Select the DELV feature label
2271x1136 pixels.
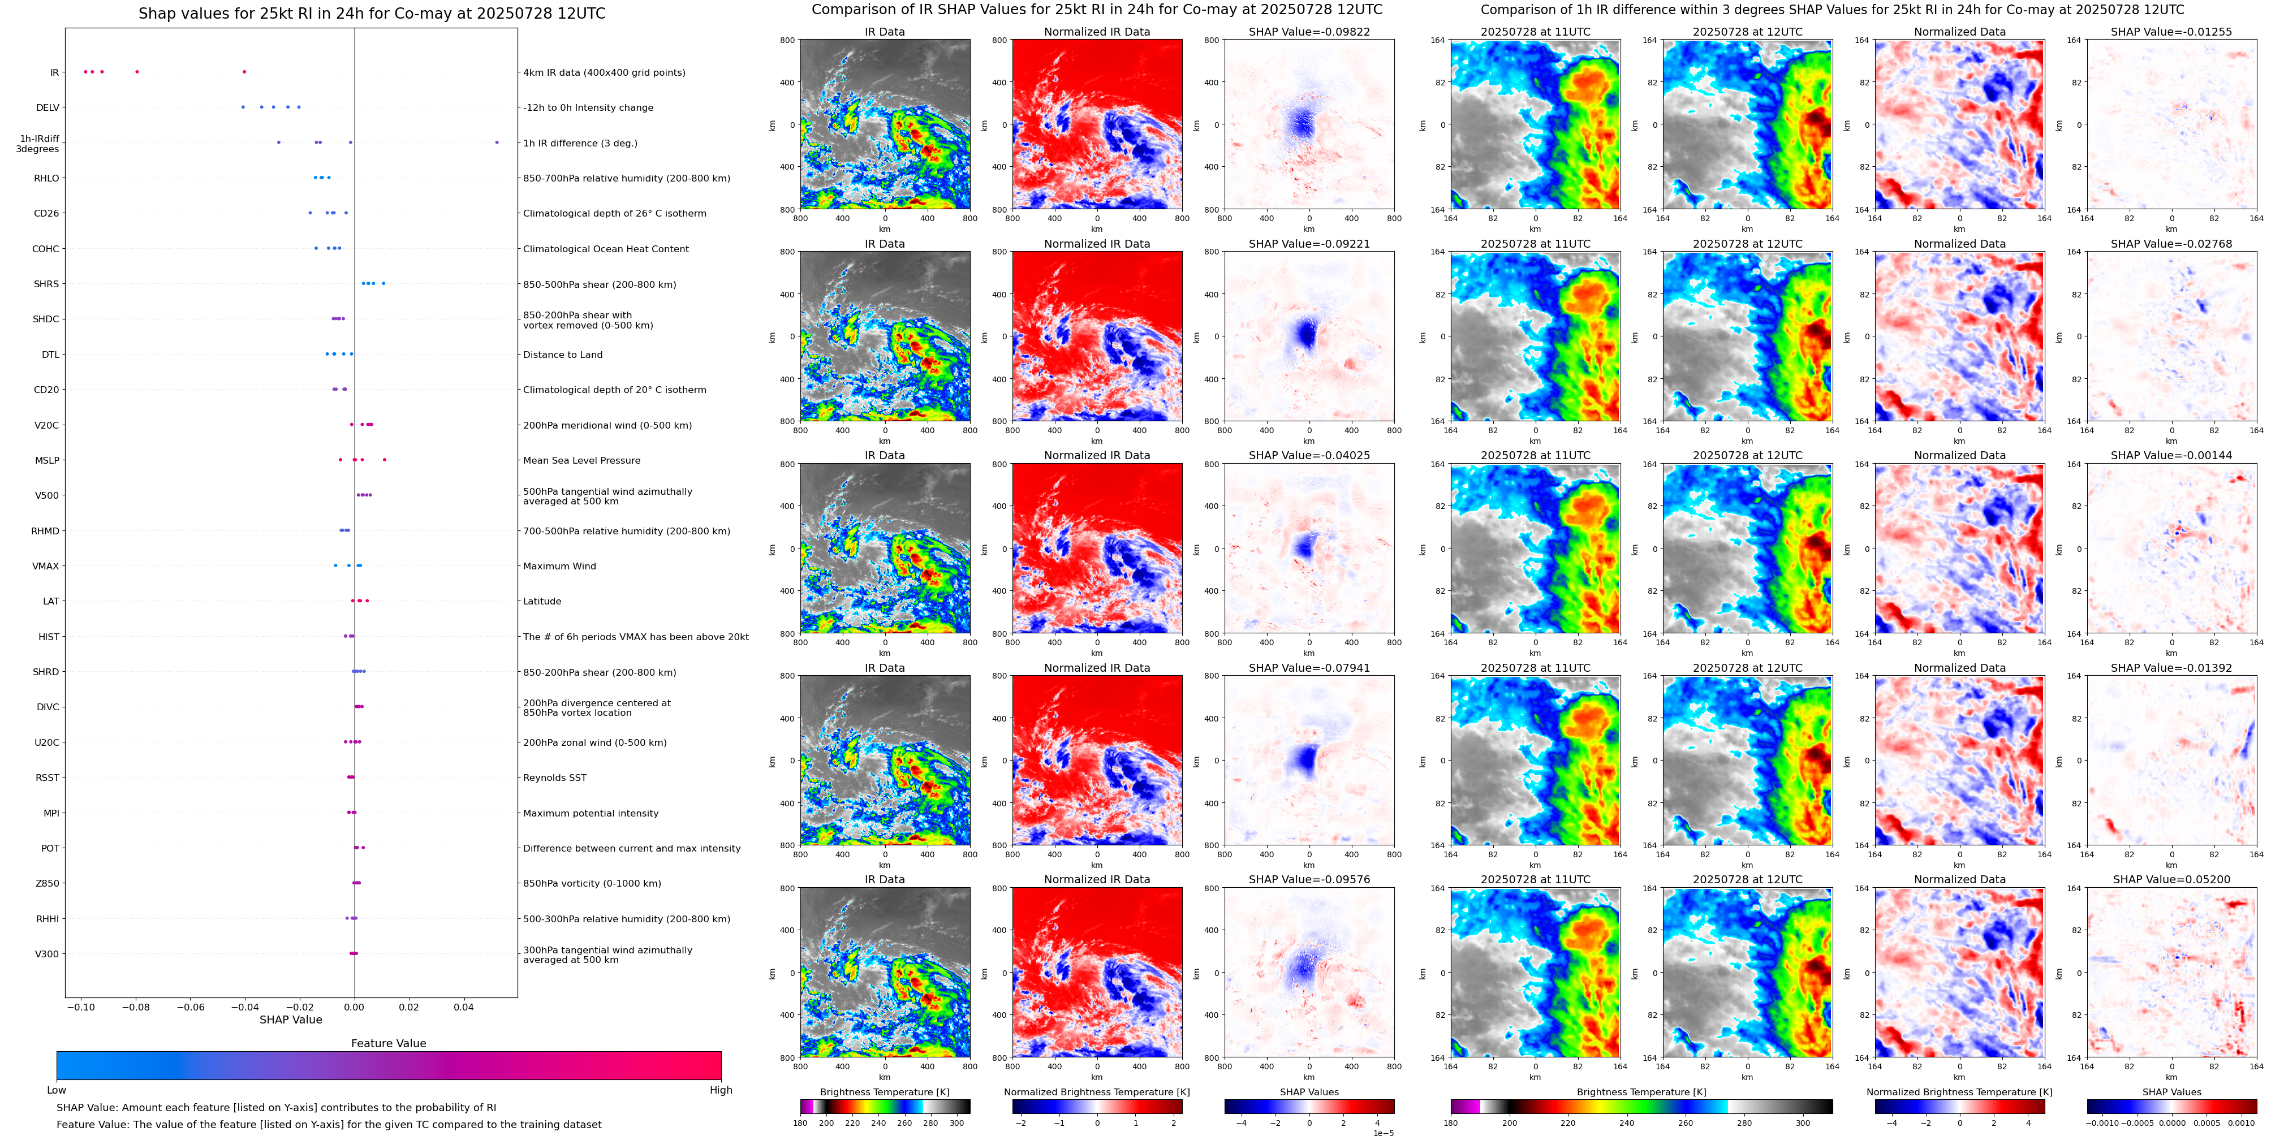48,107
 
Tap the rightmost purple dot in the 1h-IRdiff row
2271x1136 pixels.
497,142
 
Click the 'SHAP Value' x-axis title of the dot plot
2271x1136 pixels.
290,1020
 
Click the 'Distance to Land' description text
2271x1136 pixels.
562,355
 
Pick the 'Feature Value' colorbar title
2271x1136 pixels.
388,1043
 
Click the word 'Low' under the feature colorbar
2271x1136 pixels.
57,1090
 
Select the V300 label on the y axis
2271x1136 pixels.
47,953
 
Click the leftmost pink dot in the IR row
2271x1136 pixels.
85,71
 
